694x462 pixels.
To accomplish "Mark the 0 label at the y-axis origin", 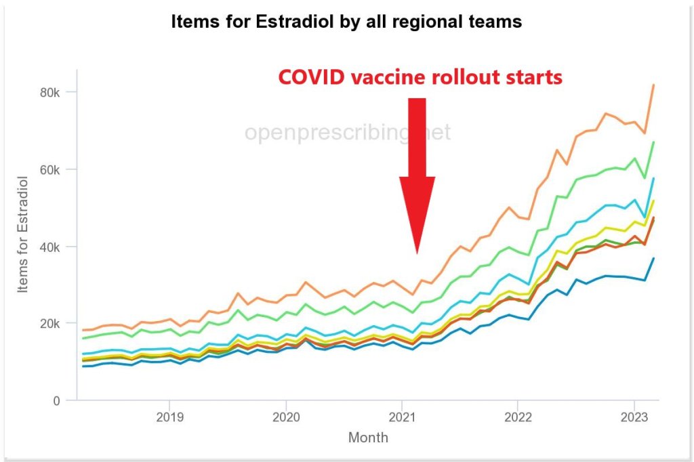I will (x=57, y=401).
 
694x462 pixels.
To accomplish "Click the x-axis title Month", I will (x=368, y=438).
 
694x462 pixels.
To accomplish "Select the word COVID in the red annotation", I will (x=310, y=77).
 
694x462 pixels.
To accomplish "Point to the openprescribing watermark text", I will (x=347, y=132).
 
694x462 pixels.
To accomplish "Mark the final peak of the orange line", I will (x=653, y=85).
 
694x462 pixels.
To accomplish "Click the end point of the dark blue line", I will (x=653, y=258).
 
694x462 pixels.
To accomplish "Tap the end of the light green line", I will (x=653, y=142).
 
